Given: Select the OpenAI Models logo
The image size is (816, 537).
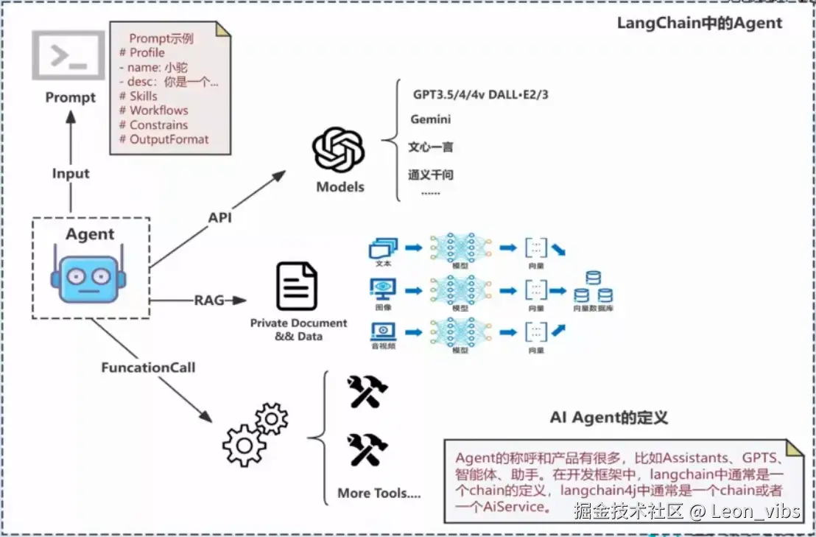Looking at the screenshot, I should click(x=339, y=151).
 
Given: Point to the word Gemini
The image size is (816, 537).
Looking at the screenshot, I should click(x=431, y=119).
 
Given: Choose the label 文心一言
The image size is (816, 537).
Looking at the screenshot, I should click(x=431, y=147).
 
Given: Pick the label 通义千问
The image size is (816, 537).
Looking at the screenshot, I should click(x=431, y=175).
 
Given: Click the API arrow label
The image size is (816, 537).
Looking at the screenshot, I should click(x=220, y=218).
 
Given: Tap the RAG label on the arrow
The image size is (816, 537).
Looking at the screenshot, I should click(x=209, y=301).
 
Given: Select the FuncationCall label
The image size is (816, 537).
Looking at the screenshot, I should click(x=149, y=366).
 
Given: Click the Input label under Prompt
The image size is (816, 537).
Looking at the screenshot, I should click(x=71, y=174).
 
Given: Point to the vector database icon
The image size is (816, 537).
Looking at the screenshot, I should click(x=593, y=289).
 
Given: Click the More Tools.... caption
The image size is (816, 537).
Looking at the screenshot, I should click(x=379, y=494).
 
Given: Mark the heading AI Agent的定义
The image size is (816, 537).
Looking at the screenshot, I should click(x=609, y=418).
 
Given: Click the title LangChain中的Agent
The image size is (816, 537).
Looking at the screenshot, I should click(x=699, y=23).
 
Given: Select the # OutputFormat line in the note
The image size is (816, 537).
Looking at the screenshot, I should click(x=163, y=139).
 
